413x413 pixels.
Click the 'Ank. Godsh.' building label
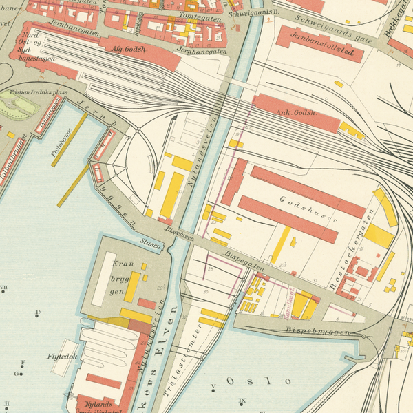(x=296, y=112)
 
